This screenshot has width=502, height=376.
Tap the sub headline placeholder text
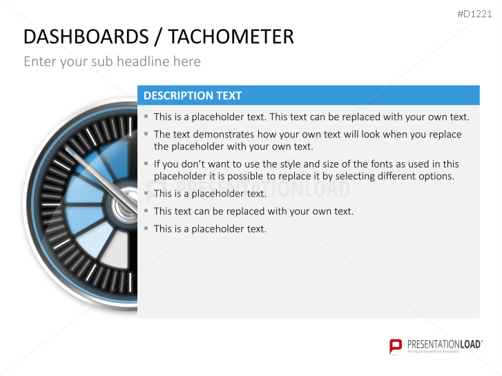112,61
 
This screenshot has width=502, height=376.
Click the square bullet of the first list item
146,117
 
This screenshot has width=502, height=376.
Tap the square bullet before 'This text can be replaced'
146,210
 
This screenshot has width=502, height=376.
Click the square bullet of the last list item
146,228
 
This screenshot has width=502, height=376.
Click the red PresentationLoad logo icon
396,345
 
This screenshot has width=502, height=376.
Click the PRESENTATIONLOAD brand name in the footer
443,343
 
